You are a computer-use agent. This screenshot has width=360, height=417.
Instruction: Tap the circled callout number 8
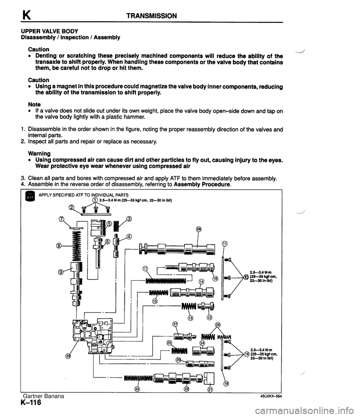coord(59,246)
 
